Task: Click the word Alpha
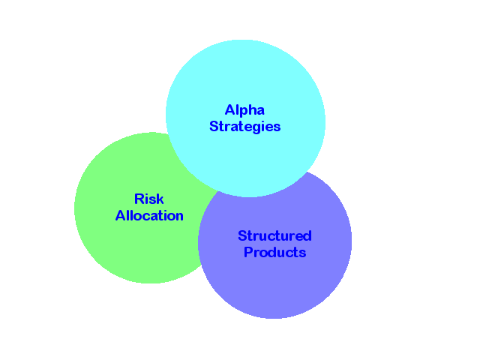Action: pos(244,110)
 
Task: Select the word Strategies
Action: pos(244,127)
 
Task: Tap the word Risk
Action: pos(149,199)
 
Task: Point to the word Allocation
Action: pos(149,216)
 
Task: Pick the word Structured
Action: pos(274,235)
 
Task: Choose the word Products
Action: pos(274,253)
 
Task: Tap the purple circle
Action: pos(285,289)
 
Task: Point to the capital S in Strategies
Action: pos(214,127)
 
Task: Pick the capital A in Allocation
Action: pos(120,216)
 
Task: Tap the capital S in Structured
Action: pos(242,235)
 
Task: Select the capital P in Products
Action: pos(248,253)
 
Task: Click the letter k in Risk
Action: pos(160,199)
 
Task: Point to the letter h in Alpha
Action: pos(252,110)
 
